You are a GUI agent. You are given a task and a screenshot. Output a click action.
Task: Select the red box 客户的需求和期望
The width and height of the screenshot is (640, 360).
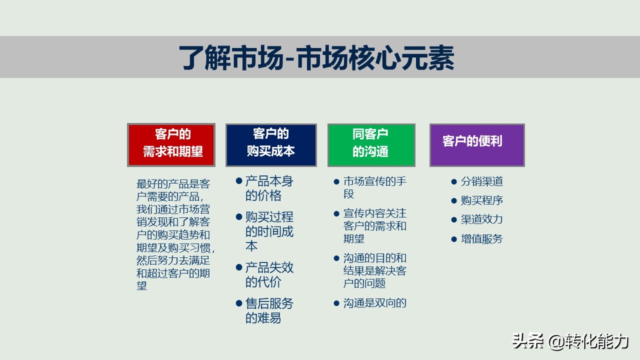tap(171, 144)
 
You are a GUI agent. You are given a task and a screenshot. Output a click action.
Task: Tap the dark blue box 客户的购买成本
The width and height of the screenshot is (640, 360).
tap(270, 144)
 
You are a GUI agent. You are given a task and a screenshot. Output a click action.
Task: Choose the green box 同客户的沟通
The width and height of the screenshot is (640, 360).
tap(371, 144)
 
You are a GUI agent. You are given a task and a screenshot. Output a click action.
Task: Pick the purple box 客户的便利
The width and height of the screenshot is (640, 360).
tap(476, 144)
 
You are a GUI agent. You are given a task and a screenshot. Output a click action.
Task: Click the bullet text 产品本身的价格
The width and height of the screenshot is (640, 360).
tap(269, 188)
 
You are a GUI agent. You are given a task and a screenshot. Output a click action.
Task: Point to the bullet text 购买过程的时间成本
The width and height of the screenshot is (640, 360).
tap(269, 231)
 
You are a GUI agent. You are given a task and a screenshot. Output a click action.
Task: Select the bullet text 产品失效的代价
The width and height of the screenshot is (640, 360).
tap(269, 274)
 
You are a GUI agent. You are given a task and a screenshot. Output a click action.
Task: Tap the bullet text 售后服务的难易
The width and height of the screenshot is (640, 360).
tap(269, 310)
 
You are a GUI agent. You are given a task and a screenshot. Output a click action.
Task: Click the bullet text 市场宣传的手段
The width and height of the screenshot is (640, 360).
tap(374, 187)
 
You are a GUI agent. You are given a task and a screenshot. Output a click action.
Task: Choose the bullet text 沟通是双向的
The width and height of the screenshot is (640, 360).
tap(374, 302)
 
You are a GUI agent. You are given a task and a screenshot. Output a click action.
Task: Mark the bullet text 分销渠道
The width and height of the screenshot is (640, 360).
tap(481, 181)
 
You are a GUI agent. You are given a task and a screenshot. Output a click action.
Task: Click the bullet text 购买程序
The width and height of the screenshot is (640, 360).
tap(481, 200)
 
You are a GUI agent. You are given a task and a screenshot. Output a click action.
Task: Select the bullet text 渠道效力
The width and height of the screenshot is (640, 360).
tap(481, 219)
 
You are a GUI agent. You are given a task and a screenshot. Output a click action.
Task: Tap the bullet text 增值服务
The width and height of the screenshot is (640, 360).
tap(481, 239)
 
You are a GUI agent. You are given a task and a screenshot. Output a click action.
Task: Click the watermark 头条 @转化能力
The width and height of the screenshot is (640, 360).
tap(570, 341)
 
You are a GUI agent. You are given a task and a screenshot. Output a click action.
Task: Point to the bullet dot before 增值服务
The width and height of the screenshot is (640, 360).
tap(454, 239)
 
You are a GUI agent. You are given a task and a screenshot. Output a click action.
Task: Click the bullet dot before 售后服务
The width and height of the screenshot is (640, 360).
tap(239, 303)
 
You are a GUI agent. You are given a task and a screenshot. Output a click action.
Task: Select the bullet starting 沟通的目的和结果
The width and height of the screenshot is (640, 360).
tap(374, 270)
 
